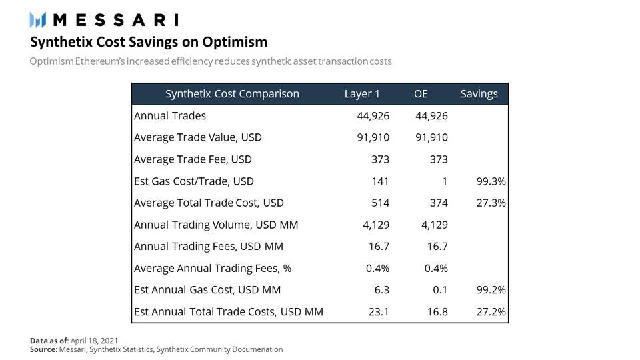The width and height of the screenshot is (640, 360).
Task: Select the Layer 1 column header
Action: click(x=362, y=94)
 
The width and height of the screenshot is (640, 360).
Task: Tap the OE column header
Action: click(x=421, y=94)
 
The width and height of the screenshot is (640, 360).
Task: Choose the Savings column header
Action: click(x=479, y=94)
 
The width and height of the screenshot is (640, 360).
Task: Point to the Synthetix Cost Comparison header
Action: click(x=232, y=94)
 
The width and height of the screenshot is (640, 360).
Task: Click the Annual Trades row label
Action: click(x=170, y=116)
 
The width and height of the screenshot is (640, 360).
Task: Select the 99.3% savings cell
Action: click(x=490, y=181)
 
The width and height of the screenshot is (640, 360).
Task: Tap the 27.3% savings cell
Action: click(x=490, y=203)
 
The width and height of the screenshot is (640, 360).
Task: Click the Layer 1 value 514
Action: click(x=380, y=203)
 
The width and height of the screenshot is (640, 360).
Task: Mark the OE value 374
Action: click(x=438, y=203)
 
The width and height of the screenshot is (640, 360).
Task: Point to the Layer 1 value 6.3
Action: click(x=382, y=290)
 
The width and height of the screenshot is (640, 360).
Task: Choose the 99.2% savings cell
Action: click(x=490, y=290)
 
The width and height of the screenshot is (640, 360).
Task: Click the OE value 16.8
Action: click(x=437, y=312)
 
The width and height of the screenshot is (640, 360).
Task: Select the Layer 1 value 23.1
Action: click(x=379, y=312)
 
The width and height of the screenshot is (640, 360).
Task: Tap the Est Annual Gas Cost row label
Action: click(x=207, y=290)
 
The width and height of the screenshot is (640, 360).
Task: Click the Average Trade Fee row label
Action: click(x=193, y=159)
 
